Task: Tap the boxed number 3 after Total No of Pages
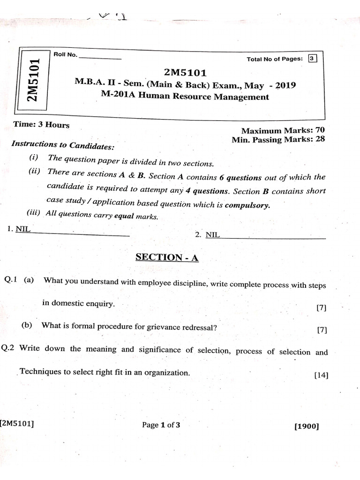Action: [313, 59]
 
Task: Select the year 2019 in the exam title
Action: [285, 86]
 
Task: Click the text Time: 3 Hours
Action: [42, 125]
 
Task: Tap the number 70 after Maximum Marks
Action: [320, 130]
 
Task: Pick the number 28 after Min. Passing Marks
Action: [320, 139]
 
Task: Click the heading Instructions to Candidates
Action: [62, 146]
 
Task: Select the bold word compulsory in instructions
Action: [247, 205]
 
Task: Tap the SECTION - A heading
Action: [167, 257]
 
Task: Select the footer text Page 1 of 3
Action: [161, 425]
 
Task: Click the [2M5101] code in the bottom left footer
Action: [17, 424]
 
